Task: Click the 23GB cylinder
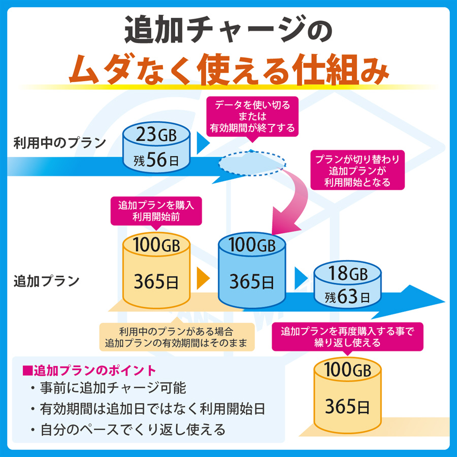click(156, 147)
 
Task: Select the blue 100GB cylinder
click(252, 270)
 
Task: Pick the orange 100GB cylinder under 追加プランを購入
click(156, 270)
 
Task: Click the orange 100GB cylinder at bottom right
click(347, 395)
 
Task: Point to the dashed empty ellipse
click(252, 163)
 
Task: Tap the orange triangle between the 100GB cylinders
click(203, 278)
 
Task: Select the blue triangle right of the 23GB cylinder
click(203, 143)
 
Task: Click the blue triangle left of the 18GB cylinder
click(301, 278)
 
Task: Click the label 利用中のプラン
click(60, 143)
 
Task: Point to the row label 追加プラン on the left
click(47, 281)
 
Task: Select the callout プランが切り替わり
click(357, 170)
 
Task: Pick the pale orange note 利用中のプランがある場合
click(177, 337)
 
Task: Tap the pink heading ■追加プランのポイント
click(89, 371)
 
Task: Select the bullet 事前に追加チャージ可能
click(108, 388)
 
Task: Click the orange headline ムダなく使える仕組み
click(229, 70)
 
